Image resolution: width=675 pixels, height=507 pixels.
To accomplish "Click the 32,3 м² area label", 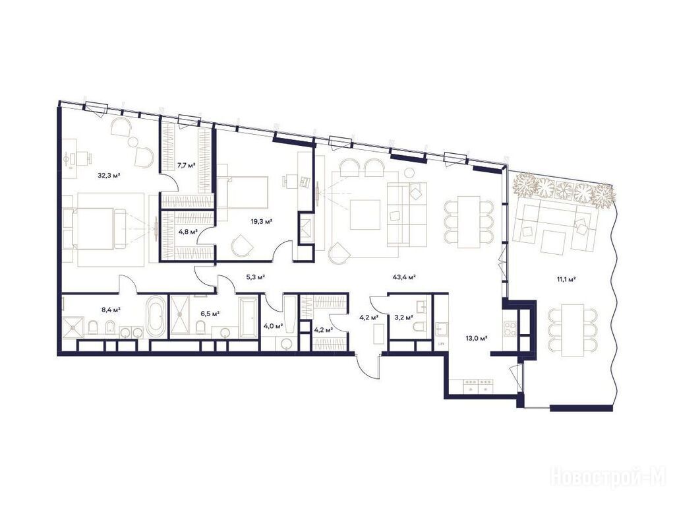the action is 109,176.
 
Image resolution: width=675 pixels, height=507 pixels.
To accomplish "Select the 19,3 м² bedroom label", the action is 262,222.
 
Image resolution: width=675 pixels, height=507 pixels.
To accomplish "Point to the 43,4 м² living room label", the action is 404,277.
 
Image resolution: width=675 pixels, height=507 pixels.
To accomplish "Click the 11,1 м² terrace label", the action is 566,279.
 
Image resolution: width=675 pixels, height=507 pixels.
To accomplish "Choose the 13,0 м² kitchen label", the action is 476,339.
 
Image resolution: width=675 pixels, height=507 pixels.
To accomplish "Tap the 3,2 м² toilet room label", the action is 404,318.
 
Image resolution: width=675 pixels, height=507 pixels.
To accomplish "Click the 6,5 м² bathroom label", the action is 210,314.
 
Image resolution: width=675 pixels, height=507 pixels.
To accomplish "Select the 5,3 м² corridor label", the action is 255,277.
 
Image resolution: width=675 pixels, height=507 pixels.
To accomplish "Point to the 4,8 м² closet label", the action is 188,231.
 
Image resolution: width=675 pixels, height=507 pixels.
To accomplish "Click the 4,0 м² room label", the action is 274,326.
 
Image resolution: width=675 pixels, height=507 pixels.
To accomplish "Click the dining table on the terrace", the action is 573,330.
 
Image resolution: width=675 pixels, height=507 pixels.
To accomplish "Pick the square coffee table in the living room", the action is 365,215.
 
